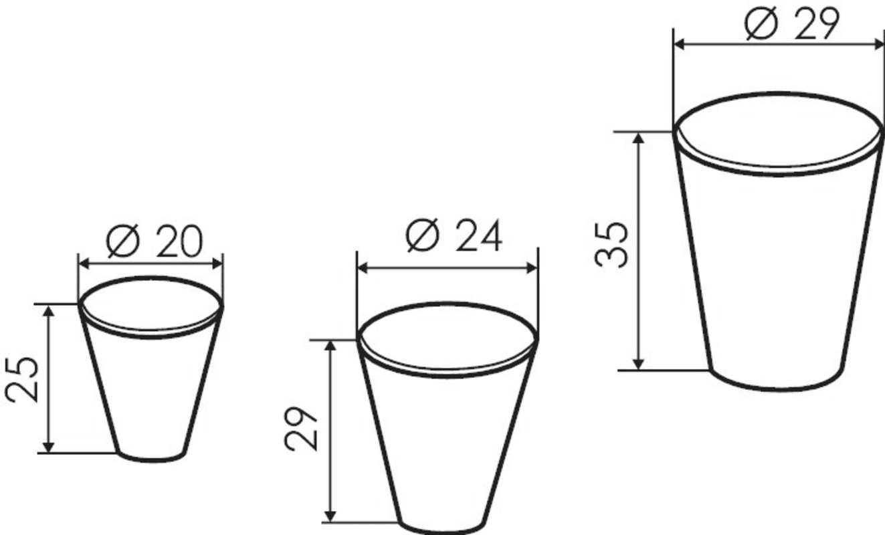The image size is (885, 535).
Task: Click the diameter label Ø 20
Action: [x=154, y=241]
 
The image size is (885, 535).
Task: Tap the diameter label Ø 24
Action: [x=454, y=235]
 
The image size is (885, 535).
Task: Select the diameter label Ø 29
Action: [x=791, y=23]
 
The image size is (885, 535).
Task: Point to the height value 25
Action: [x=22, y=380]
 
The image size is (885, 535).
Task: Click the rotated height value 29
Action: [x=301, y=428]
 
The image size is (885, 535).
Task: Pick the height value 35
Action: [x=611, y=245]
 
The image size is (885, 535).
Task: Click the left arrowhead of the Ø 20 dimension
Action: [x=84, y=263]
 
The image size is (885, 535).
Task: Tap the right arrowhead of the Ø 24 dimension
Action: [x=532, y=268]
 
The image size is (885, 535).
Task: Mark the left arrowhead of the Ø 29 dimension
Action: [x=679, y=45]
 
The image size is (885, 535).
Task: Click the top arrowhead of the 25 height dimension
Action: [x=48, y=311]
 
